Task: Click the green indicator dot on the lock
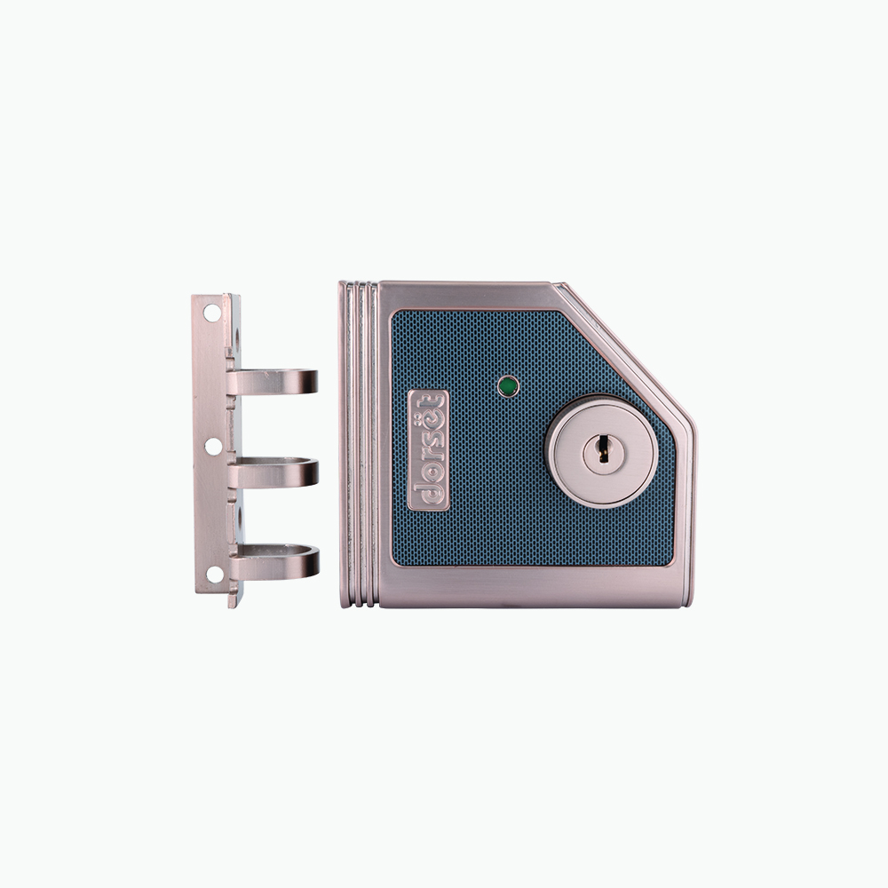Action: coord(508,387)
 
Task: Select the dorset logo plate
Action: coord(428,450)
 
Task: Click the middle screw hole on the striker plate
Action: coord(213,447)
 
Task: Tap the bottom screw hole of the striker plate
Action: coord(215,574)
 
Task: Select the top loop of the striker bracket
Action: coord(274,382)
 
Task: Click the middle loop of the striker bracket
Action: coord(275,472)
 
